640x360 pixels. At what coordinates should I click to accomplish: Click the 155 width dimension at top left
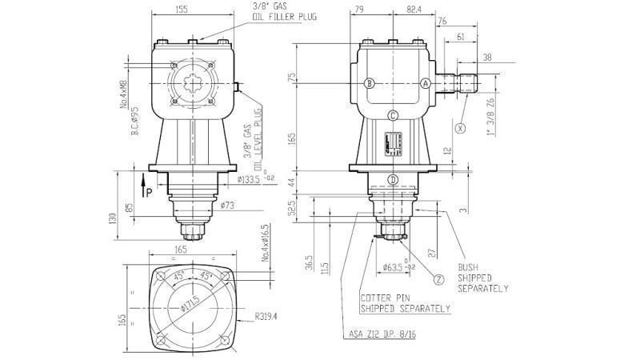click(x=183, y=9)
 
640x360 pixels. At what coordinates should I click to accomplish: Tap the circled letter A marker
click(x=426, y=82)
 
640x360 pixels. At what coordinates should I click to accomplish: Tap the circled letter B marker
click(x=369, y=82)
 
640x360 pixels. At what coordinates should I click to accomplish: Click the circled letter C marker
click(x=393, y=115)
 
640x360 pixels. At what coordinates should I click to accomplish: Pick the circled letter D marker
click(x=393, y=179)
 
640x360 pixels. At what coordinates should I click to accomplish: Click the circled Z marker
click(x=439, y=279)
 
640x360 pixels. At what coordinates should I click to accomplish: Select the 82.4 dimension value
click(x=414, y=9)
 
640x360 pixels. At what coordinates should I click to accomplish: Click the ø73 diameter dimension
click(x=226, y=206)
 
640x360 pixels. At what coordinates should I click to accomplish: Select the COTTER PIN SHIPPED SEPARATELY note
click(x=405, y=302)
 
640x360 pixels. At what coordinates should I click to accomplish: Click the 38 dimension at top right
click(x=488, y=57)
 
